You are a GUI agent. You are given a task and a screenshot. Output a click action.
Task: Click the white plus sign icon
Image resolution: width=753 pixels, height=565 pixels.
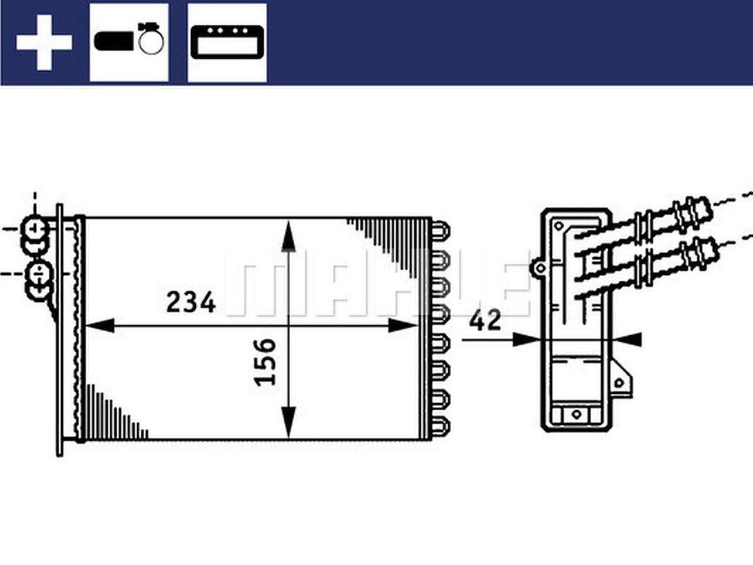pyautogui.click(x=44, y=42)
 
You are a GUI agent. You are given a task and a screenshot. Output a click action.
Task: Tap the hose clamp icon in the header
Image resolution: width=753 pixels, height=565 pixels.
pyautogui.click(x=129, y=41)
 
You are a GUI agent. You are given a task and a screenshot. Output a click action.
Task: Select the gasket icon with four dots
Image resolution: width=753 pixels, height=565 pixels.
pyautogui.click(x=227, y=42)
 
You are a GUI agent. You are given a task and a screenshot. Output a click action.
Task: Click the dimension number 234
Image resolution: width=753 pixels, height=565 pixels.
pyautogui.click(x=191, y=303)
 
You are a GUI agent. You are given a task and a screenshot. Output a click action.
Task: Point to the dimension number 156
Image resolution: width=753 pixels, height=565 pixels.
pyautogui.click(x=266, y=361)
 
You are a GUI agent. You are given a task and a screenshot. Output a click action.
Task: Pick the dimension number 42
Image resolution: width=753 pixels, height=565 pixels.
pyautogui.click(x=485, y=320)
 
